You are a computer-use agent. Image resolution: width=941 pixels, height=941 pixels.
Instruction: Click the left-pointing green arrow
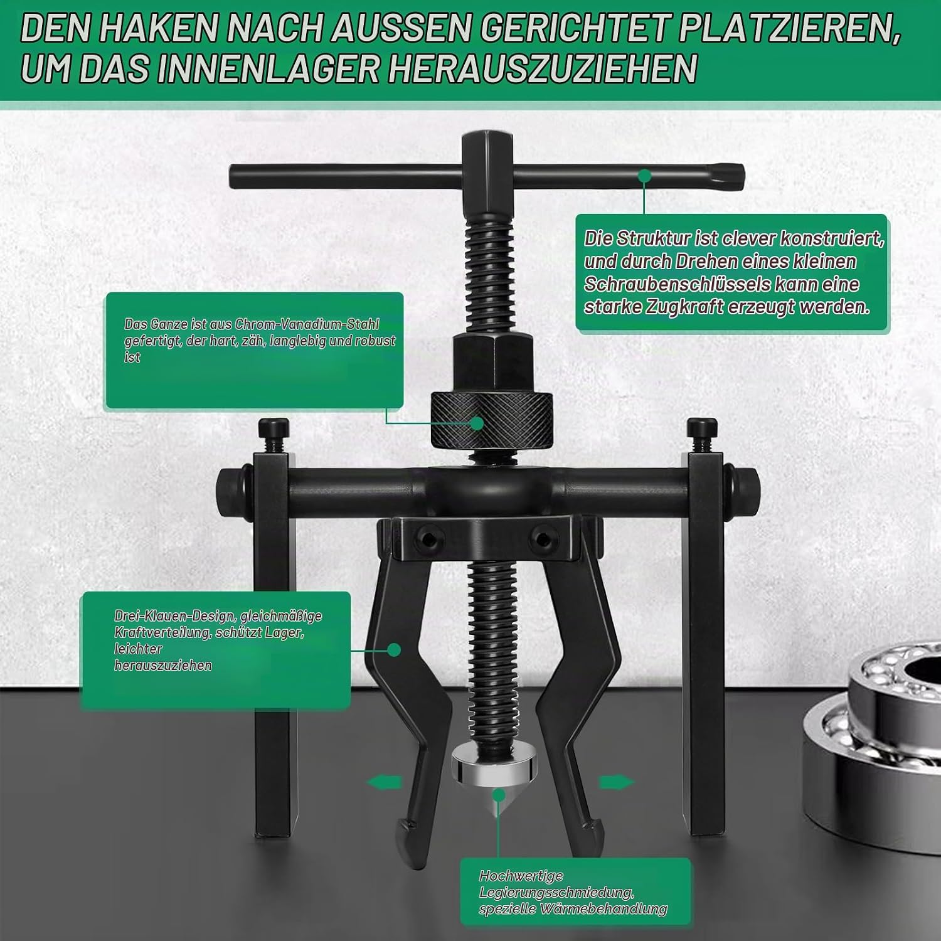[383, 782]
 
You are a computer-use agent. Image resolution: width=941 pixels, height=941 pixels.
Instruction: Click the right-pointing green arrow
[616, 782]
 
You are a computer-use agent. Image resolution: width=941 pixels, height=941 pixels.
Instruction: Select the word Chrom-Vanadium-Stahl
[307, 324]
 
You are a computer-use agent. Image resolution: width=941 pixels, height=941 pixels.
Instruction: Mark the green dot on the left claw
[394, 649]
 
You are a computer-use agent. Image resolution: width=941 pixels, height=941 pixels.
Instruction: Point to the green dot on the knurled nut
[477, 423]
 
